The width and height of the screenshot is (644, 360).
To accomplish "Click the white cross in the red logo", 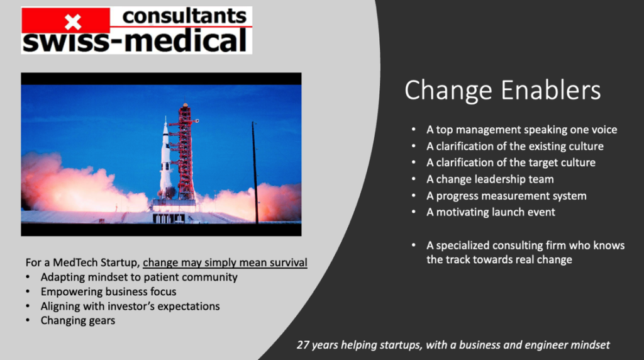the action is (73, 22).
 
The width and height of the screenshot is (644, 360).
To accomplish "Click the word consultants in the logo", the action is (184, 16).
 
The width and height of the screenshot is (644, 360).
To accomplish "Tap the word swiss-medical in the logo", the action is (135, 41).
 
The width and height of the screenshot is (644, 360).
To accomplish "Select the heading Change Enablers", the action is (502, 91).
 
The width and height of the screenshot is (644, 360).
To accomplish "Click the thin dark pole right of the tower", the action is (255, 172).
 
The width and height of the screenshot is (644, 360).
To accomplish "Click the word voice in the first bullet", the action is (604, 130).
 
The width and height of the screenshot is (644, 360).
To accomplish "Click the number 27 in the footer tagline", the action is (303, 345).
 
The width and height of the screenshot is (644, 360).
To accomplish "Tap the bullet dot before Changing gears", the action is (28, 320).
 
